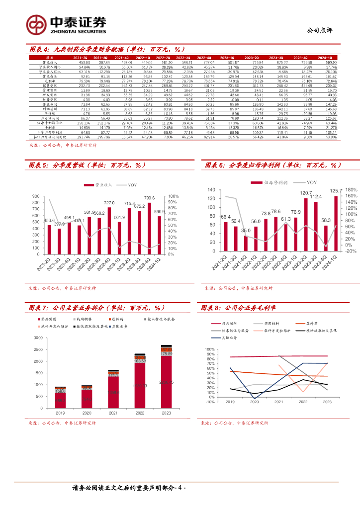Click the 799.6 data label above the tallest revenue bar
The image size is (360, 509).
[x=149, y=198]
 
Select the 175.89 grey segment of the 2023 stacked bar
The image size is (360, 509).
[x=166, y=353]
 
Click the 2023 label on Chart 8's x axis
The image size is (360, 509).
[x=327, y=402]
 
